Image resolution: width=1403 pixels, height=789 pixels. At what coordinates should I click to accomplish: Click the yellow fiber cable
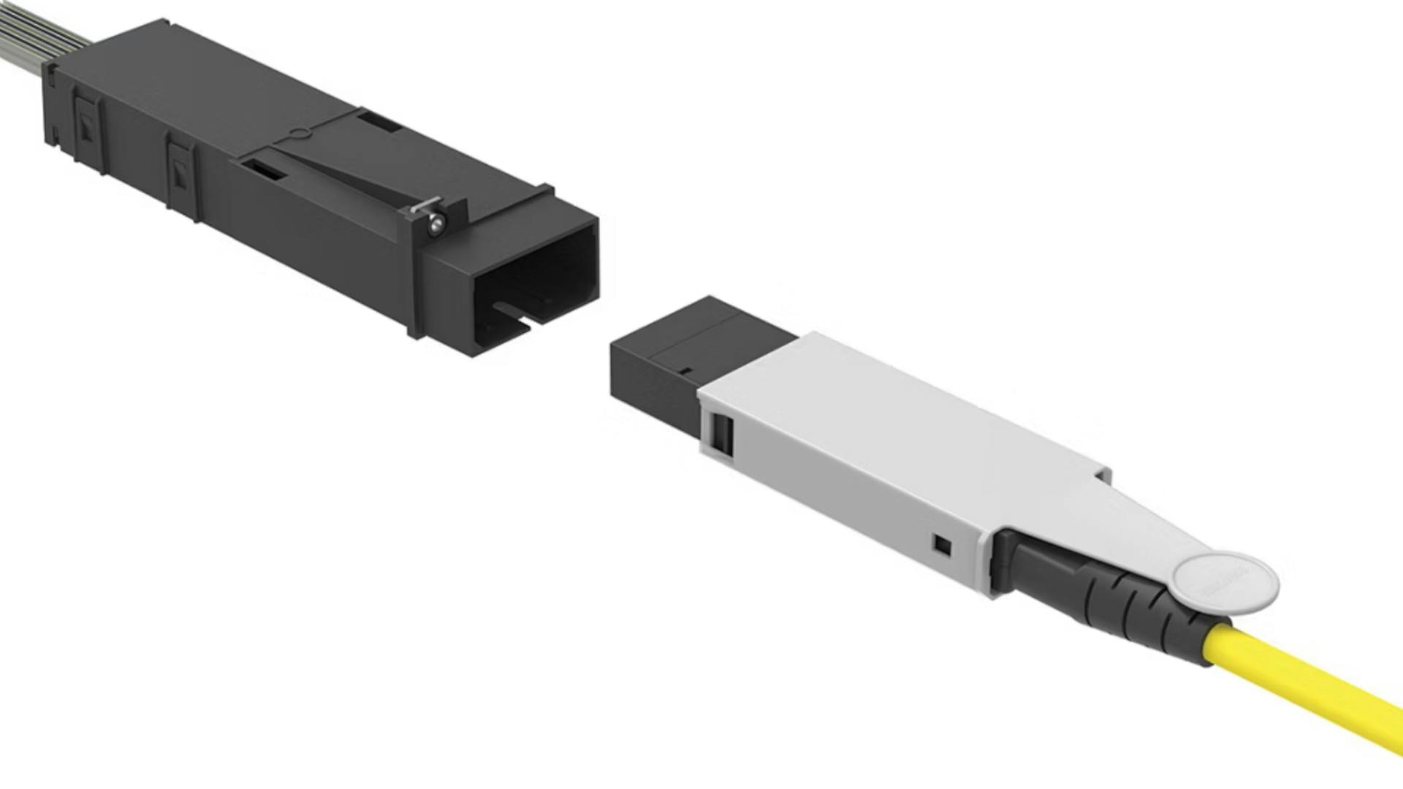(1315, 694)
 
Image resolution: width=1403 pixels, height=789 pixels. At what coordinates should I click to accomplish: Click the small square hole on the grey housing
(943, 545)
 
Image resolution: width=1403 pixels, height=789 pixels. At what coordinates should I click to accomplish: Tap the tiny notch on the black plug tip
(685, 370)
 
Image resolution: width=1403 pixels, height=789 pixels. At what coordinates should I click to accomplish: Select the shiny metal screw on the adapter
(436, 224)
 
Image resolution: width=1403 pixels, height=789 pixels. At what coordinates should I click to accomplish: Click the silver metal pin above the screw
(425, 205)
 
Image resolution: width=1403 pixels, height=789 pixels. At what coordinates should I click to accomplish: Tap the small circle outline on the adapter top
(298, 134)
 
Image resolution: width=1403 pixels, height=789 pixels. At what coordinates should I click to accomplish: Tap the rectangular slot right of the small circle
(380, 121)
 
